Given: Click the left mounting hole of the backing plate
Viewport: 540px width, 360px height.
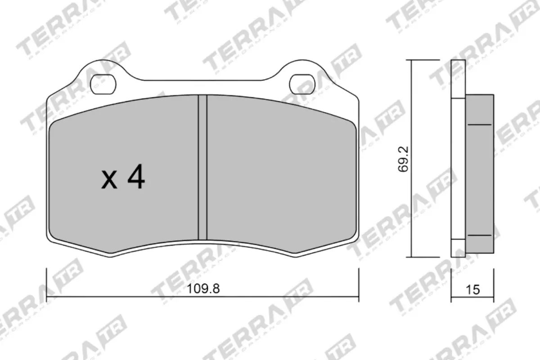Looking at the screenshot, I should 103,84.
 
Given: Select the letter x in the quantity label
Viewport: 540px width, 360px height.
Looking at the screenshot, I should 109,180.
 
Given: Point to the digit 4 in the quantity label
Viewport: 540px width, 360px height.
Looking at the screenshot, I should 136,177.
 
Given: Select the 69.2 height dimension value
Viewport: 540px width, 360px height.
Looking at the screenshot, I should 403,158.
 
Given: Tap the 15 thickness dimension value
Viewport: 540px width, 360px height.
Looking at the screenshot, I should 473,290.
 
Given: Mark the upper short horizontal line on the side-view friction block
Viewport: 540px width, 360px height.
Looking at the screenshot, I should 480,124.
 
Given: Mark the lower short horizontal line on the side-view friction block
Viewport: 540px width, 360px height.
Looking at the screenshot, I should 480,235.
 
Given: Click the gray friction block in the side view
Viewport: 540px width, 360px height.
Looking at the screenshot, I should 480,180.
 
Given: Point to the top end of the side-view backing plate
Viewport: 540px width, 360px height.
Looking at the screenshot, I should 458,62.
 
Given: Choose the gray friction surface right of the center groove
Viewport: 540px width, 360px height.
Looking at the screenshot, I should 279,175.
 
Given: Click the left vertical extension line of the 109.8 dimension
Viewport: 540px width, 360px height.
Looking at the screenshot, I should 47,283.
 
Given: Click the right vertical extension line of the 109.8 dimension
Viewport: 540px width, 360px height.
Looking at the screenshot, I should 358,283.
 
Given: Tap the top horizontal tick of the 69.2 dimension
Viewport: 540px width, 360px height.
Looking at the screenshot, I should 423,60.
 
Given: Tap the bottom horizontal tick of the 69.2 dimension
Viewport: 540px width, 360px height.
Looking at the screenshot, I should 423,257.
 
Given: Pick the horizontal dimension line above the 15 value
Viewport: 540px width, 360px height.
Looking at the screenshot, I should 472,297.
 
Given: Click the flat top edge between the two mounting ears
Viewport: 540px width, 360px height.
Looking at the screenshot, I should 202,81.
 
